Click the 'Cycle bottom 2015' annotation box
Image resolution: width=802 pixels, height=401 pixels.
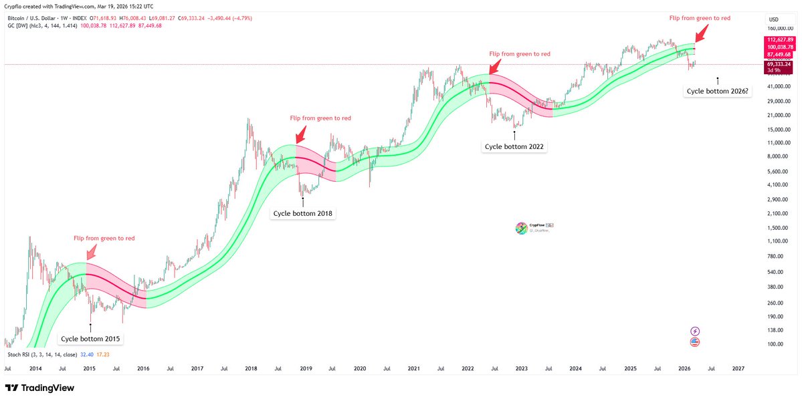[x=91, y=339]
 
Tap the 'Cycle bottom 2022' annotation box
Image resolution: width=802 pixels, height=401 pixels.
[x=514, y=146]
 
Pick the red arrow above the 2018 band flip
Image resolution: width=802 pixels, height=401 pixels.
[x=300, y=133]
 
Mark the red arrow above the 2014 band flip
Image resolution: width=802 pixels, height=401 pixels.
[x=90, y=251]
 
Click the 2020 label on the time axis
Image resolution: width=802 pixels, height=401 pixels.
[x=359, y=368]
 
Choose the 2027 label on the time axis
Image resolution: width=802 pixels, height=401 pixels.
[x=738, y=368]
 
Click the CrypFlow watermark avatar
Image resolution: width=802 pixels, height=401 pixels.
[x=521, y=229]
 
